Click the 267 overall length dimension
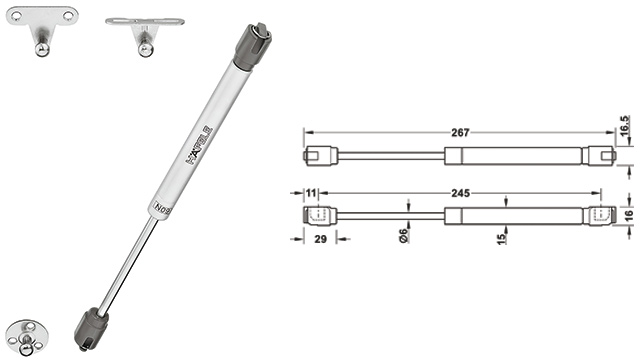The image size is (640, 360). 460,133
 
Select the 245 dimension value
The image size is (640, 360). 460,193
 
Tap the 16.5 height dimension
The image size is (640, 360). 624,126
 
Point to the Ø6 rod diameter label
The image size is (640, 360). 403,236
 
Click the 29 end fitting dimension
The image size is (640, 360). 320,239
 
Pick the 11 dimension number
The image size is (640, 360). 311,193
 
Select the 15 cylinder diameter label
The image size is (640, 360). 502,237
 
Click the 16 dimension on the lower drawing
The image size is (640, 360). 629,215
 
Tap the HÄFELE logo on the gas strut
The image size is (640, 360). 200,145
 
